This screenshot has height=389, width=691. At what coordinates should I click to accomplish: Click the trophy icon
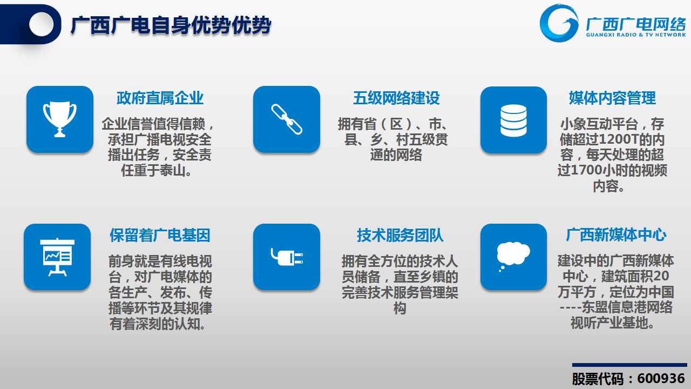point(60,119)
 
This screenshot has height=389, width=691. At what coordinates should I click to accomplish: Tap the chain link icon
point(287,119)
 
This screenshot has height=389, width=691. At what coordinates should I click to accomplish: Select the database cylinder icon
point(513,120)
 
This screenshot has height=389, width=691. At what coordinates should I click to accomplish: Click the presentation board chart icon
point(57,257)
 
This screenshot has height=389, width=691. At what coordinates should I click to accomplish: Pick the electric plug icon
point(287,257)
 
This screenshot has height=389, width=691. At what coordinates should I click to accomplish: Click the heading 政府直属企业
point(160,98)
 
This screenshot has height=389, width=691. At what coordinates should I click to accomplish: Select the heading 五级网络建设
point(396,98)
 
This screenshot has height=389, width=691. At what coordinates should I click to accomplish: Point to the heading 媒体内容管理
point(612,98)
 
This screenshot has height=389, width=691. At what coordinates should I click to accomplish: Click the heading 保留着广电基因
point(160,235)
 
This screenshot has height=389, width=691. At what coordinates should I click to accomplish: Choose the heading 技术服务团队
point(400,235)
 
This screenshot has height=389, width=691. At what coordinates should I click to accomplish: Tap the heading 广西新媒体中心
point(616,235)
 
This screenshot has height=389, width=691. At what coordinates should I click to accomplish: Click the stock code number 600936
point(661,379)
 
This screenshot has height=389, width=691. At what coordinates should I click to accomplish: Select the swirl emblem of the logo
point(559,23)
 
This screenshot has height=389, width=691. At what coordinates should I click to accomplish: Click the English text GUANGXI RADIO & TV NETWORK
point(636,35)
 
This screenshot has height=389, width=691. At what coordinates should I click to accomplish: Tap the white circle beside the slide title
point(42,24)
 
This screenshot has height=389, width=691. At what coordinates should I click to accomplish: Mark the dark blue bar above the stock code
point(629,365)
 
